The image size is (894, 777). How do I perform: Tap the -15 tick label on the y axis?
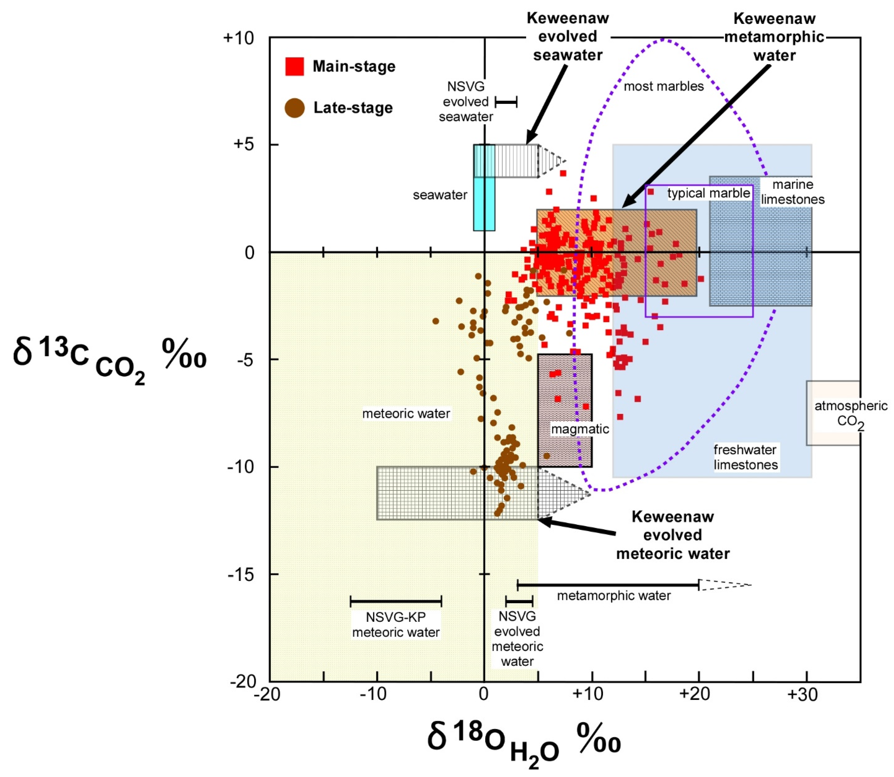coord(241,574)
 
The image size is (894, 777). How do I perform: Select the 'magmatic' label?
coord(579,429)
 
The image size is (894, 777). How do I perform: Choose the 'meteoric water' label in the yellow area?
coord(406,413)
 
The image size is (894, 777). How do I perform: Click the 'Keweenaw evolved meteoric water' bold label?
coord(673,535)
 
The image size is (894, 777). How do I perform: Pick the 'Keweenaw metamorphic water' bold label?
coord(774,37)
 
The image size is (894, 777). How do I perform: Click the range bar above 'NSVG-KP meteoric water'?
coord(396,601)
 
